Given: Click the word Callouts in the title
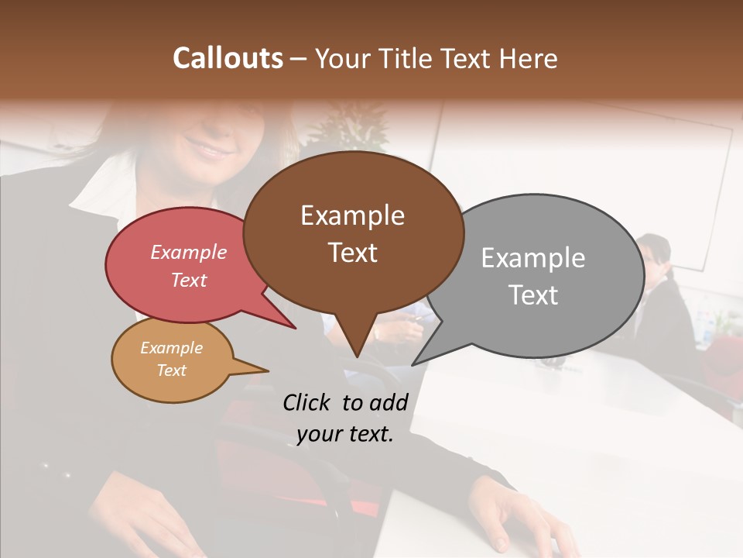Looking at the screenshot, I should (228, 58).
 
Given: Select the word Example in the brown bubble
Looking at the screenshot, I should (352, 215).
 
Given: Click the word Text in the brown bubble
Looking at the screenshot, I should (352, 252).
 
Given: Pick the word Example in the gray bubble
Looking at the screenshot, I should (532, 258).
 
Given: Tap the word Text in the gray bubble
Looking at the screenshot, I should (532, 294).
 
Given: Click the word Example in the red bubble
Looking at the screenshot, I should (188, 252).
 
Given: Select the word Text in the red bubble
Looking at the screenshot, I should (188, 280).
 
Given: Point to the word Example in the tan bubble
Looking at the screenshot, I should (171, 348).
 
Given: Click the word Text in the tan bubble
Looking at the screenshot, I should (171, 370).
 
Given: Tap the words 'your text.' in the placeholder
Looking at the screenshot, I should (345, 434).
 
